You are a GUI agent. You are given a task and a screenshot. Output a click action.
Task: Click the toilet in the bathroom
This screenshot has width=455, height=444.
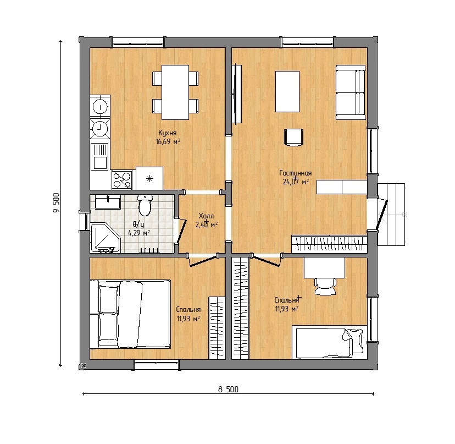(145, 205)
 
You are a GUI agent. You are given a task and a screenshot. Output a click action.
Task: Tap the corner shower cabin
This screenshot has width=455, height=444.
(105, 237)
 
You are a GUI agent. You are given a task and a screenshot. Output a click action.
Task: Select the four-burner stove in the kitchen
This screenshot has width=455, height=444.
(122, 180)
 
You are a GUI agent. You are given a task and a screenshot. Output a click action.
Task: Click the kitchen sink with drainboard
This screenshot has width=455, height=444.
(100, 157)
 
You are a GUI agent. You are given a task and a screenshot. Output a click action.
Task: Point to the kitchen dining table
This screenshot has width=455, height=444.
(175, 92)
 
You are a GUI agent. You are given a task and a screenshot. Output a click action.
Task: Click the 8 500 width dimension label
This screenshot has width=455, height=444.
(229, 389)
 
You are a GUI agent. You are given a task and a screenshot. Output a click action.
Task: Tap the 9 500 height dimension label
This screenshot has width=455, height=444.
(56, 202)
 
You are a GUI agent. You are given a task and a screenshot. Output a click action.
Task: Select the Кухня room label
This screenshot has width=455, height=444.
(168, 133)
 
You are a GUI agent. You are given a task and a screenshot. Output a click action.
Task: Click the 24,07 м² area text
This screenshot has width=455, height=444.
(296, 182)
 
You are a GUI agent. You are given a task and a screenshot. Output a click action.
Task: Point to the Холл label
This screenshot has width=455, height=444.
(206, 216)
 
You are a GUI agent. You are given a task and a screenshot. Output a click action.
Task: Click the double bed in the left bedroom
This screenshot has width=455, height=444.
(130, 314)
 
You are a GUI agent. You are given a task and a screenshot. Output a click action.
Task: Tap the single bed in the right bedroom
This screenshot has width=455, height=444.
(329, 342)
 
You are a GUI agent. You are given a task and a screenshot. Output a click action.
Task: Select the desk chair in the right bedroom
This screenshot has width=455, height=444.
(325, 286)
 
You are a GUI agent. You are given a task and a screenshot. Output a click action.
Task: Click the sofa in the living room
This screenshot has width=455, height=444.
(351, 92)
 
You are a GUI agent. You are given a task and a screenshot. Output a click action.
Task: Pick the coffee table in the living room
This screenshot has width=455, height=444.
(287, 91)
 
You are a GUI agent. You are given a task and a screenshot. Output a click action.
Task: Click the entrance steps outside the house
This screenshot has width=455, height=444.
(391, 215)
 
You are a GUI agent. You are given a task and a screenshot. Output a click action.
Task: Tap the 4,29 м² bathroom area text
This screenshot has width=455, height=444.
(139, 233)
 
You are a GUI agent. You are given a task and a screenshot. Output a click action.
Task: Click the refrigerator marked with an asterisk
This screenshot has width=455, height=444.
(149, 178)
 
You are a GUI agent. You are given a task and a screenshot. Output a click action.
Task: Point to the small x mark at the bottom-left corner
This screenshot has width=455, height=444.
(84, 366)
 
